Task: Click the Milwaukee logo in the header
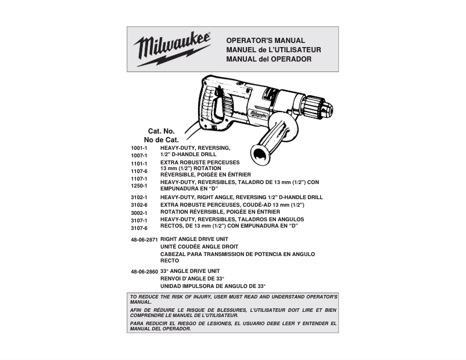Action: tap(172, 48)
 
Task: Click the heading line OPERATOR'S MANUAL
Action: tap(265, 41)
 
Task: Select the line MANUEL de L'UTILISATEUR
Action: tap(273, 50)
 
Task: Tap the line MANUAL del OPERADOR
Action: tap(268, 59)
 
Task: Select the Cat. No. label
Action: tap(161, 131)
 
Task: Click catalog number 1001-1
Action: tap(139, 149)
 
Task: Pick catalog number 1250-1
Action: tap(139, 186)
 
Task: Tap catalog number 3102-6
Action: tap(139, 205)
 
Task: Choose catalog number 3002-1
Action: tap(139, 213)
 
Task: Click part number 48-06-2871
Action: tap(144, 239)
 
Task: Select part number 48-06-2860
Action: tap(144, 272)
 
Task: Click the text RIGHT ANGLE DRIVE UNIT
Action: tap(194, 239)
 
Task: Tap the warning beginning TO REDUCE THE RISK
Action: tap(233, 299)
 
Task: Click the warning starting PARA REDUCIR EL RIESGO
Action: tap(233, 326)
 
